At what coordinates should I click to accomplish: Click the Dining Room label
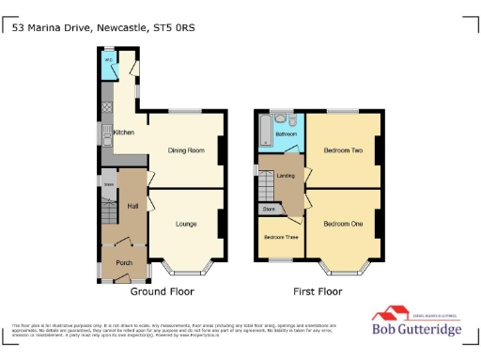[x=186, y=150]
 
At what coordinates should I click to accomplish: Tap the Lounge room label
[x=186, y=225]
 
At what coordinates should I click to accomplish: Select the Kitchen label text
[x=124, y=133]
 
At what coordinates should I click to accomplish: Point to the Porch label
[x=122, y=262]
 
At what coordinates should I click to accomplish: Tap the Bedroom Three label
[x=279, y=237]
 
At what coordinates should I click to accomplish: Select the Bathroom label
[x=286, y=134]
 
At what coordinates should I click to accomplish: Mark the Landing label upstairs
[x=287, y=175]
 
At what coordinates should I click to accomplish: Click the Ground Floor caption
[x=162, y=291]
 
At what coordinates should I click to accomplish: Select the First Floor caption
[x=318, y=291]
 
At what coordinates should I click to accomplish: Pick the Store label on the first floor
[x=270, y=208]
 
